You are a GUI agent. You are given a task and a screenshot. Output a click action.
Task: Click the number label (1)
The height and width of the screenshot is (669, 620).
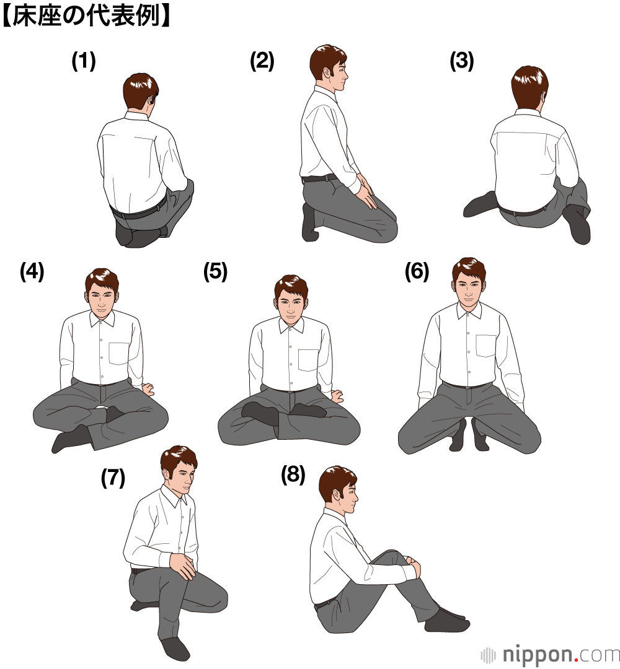point(84,61)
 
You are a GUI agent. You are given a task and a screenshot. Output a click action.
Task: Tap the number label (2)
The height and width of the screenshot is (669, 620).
point(262,61)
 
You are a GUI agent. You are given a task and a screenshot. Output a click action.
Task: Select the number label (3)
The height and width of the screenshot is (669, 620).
point(461,61)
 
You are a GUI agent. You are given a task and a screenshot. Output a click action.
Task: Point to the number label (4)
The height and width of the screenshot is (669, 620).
point(32,271)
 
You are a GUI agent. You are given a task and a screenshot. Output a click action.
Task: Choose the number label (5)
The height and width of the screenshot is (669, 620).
point(215,271)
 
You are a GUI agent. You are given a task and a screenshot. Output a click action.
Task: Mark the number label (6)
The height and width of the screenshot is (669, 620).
point(417,271)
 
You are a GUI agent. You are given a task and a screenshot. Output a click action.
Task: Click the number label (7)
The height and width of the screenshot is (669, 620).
point(113,478)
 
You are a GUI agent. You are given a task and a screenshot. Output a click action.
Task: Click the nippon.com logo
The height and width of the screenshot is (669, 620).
point(550,654)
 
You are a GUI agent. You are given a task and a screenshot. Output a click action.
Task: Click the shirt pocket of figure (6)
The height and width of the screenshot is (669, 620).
point(486,346)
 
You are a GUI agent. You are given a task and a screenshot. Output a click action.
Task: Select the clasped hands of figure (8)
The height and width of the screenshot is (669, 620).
point(412,566)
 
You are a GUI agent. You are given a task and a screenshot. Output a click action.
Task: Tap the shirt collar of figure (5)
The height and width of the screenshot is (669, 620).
point(291,325)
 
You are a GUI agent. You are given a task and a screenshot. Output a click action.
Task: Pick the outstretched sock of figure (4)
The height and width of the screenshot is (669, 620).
point(71,438)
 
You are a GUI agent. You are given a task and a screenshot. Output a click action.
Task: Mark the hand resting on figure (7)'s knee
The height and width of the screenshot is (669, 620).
point(183,565)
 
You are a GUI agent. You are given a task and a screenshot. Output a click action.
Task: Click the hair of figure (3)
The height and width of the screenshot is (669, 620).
point(529,83)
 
